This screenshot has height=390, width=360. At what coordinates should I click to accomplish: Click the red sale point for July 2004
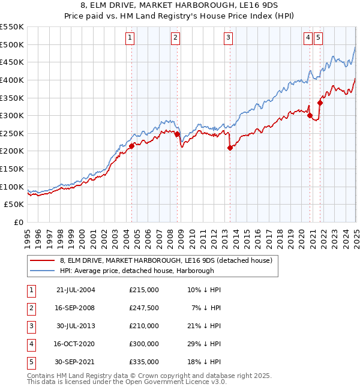click(131, 146)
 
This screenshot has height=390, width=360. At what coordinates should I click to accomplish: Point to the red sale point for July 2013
click(230, 148)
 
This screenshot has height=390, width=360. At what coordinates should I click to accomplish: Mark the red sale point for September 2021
click(320, 103)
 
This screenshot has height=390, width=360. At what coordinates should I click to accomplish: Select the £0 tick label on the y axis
click(18, 223)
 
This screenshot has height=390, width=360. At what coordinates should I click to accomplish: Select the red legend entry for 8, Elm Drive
click(166, 260)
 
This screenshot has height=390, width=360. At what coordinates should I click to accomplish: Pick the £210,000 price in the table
click(144, 326)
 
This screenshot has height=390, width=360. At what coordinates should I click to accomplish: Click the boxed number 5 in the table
click(31, 362)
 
